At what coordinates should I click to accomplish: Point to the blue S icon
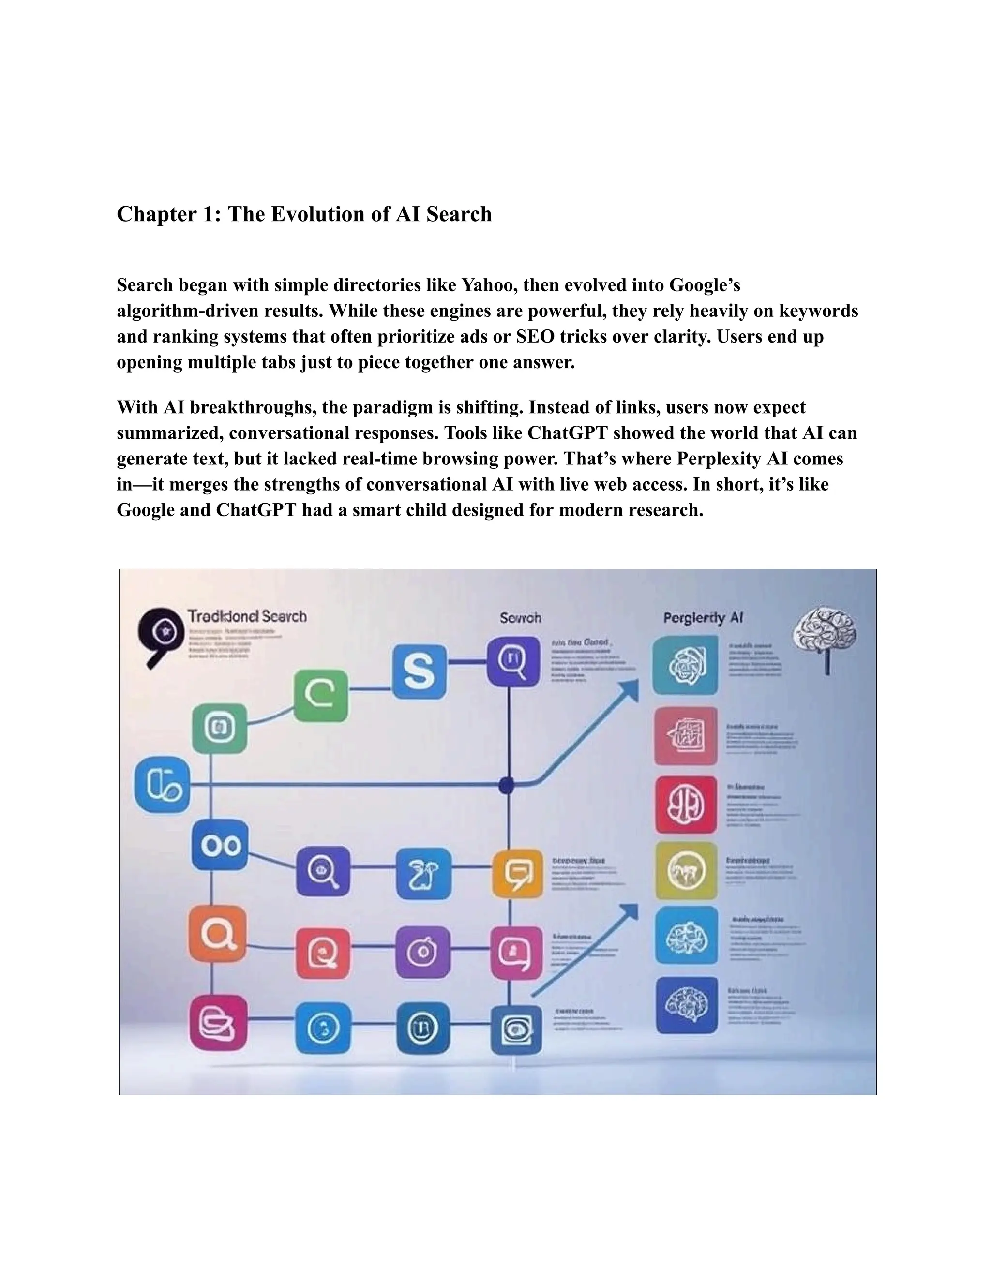click(419, 671)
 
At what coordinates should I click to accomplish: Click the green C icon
click(320, 696)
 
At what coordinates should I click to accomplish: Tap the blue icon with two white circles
click(220, 845)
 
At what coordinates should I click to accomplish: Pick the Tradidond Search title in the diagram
click(247, 616)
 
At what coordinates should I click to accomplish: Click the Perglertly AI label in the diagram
click(703, 617)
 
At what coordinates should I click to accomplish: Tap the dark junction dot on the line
click(507, 785)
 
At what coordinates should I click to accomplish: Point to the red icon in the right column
click(686, 804)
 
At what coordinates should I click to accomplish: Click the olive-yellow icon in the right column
click(686, 870)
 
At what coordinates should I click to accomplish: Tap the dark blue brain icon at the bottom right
click(686, 1004)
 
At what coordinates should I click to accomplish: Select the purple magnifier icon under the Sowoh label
click(513, 661)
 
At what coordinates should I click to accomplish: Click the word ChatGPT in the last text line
click(256, 510)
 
